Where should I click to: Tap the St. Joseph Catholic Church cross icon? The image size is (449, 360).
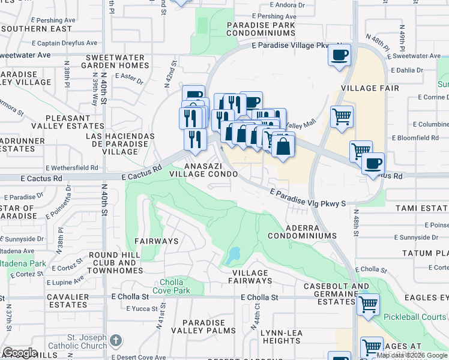click(x=115, y=341)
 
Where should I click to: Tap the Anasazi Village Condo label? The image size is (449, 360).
click(x=203, y=169)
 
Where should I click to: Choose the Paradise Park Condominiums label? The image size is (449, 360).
click(x=261, y=29)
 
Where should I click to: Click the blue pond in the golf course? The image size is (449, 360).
click(x=233, y=256)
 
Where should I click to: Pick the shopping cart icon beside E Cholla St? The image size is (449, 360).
click(x=367, y=304)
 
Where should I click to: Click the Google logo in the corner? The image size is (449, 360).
click(x=20, y=353)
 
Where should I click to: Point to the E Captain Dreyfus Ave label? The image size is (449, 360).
click(x=65, y=43)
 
